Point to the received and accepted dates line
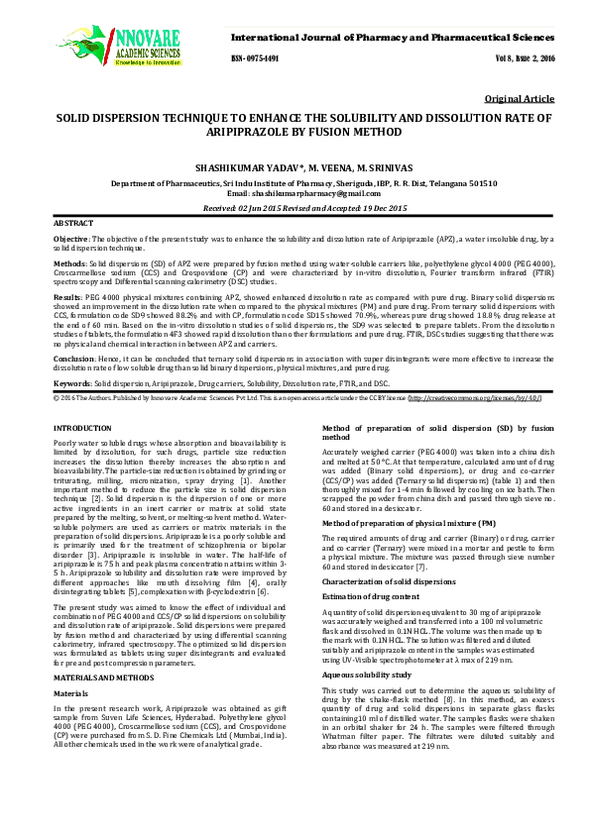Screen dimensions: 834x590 coord(295,209)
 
